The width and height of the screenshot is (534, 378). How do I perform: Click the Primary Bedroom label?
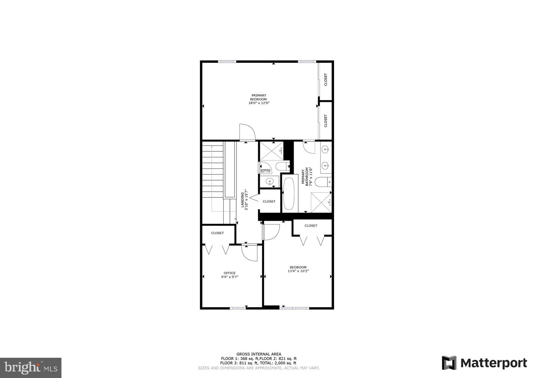click(258, 97)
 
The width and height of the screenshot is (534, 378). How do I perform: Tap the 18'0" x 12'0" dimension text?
click(258, 103)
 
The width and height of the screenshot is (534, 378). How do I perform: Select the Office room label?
click(230, 273)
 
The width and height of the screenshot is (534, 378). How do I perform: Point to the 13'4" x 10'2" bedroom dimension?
click(298, 271)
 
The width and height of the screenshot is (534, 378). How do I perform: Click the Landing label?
click(243, 200)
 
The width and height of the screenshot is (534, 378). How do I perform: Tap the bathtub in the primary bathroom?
click(289, 193)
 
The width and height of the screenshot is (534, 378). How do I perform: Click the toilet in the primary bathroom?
click(322, 182)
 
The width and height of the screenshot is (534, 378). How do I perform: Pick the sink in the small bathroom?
click(270, 181)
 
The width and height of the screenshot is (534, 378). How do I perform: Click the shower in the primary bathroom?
click(320, 202)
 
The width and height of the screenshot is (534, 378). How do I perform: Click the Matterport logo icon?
click(449, 363)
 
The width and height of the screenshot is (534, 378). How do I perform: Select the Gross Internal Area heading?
click(258, 354)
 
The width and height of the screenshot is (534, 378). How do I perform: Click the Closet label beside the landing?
click(269, 201)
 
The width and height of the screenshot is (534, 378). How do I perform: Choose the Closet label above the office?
click(218, 233)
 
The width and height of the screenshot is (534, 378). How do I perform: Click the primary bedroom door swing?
click(246, 132)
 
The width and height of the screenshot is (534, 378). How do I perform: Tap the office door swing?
click(249, 253)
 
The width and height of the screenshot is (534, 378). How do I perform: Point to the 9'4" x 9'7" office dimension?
click(230, 277)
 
